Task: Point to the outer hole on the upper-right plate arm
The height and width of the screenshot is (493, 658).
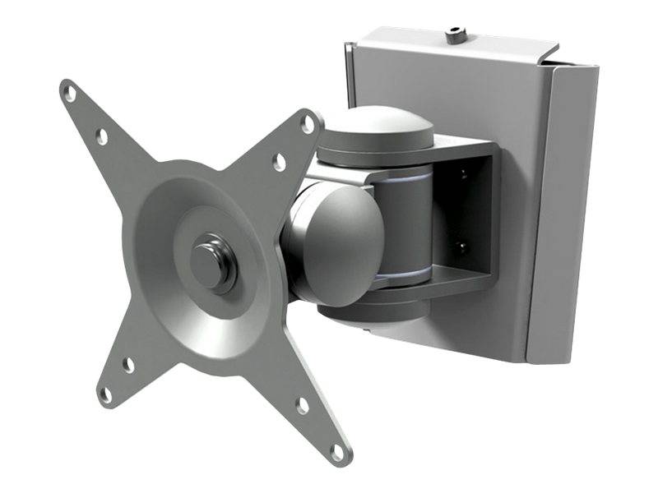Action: (308, 125)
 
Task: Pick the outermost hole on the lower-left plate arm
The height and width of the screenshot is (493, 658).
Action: (105, 395)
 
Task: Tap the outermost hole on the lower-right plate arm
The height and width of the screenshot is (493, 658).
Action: (337, 451)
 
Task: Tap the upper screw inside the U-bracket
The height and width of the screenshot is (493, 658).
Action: (464, 173)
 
